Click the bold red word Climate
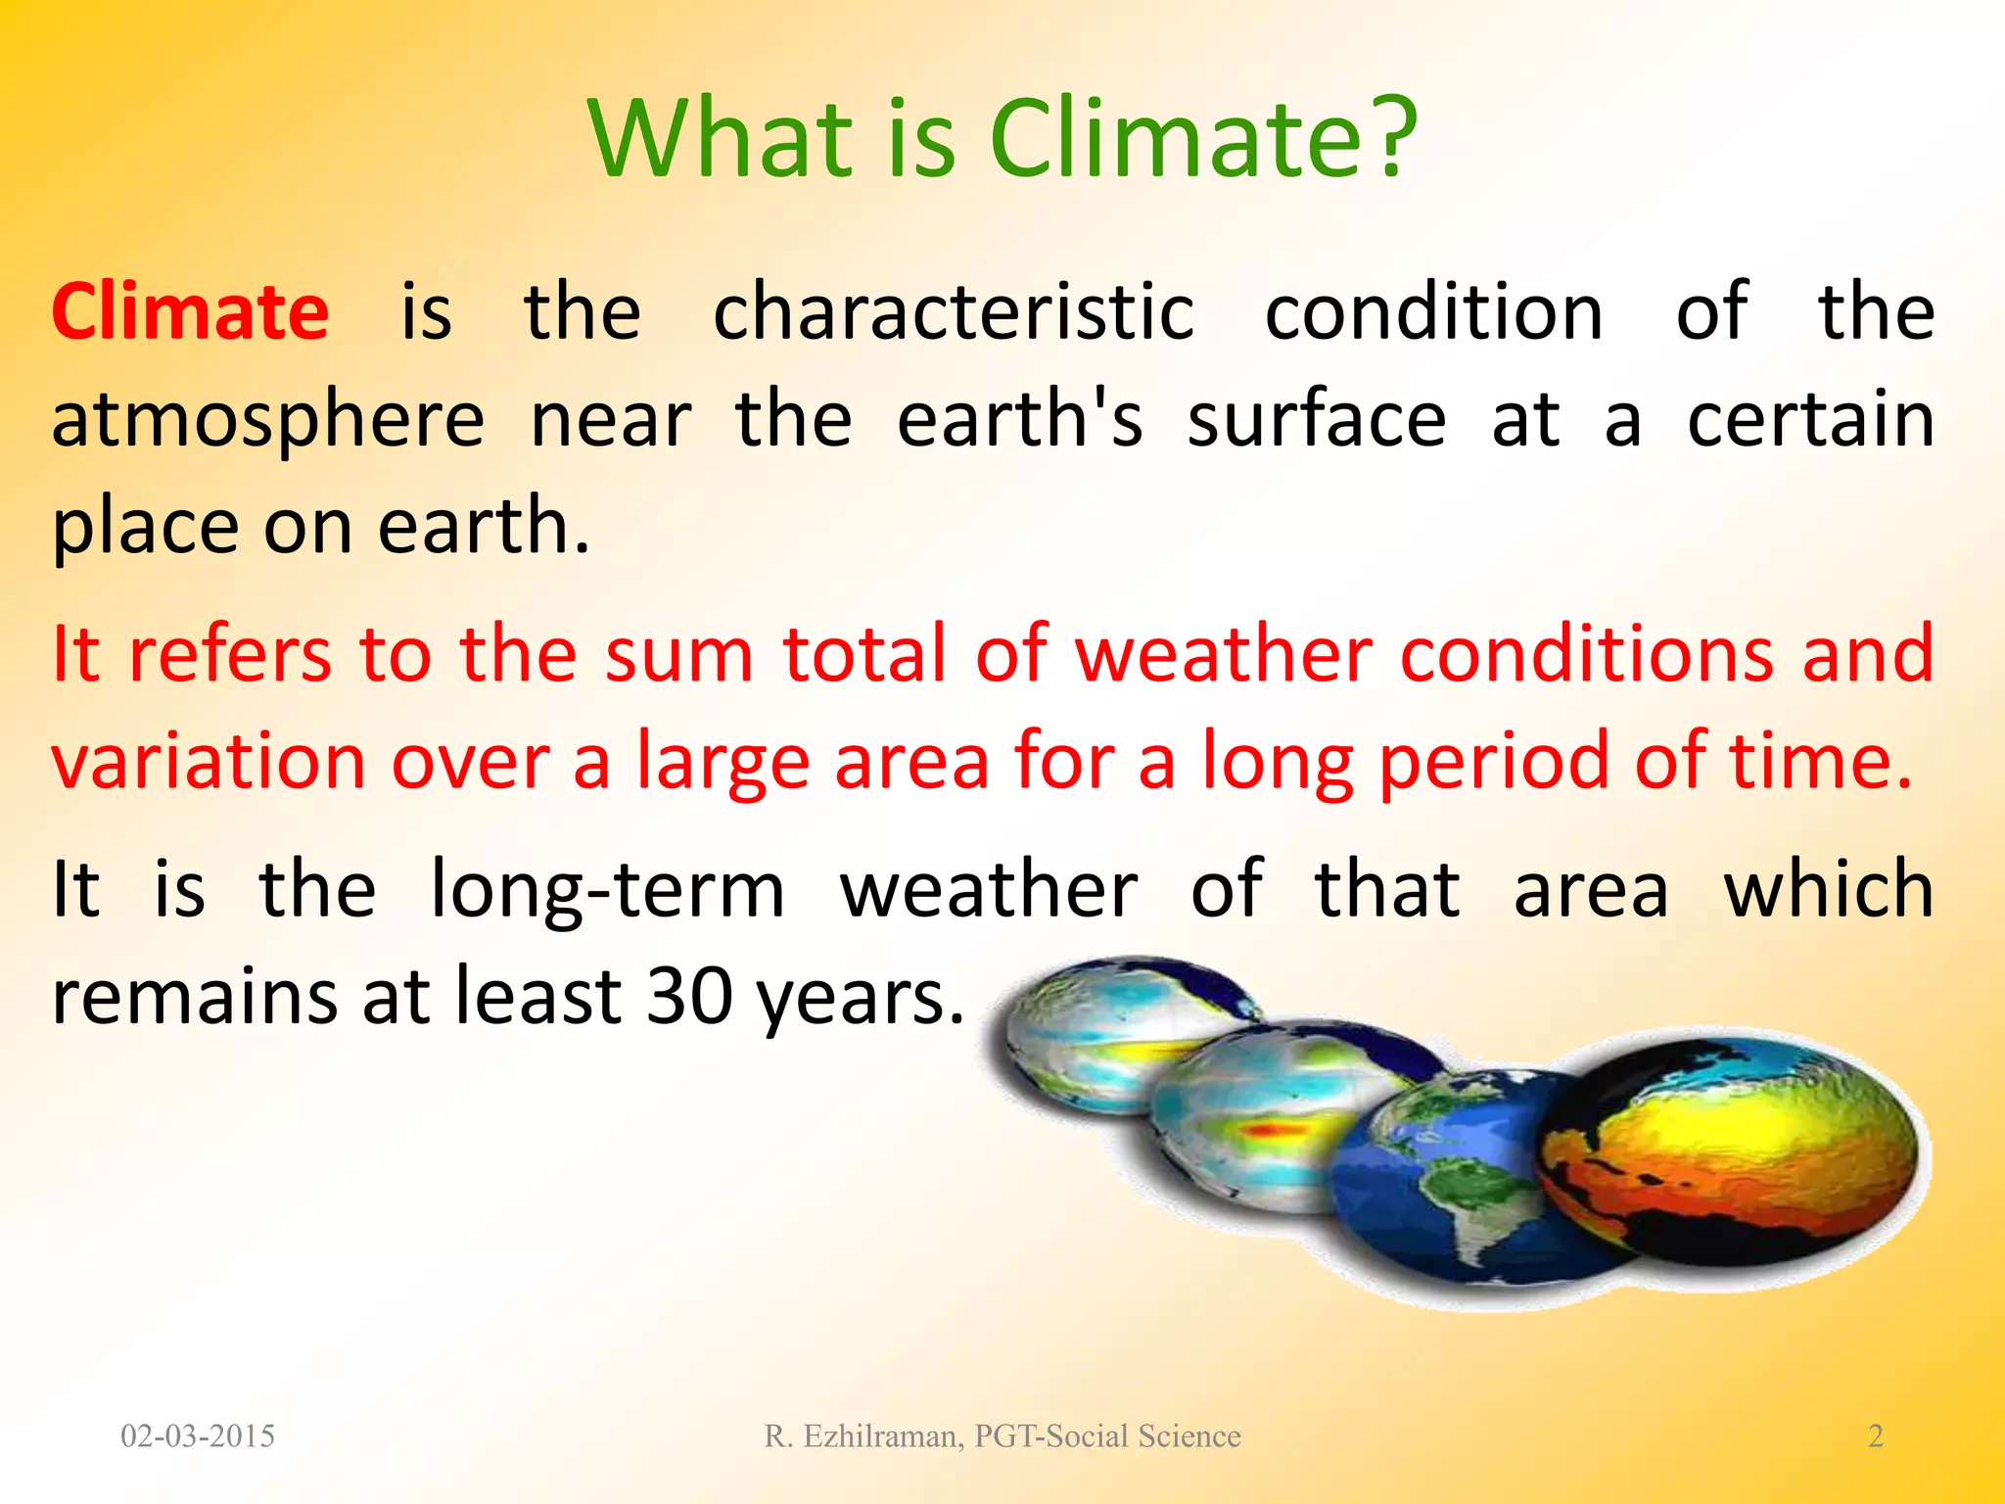pos(190,311)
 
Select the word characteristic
pos(954,311)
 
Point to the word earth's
pos(1019,419)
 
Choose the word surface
pos(1316,419)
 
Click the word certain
pos(1810,419)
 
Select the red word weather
pos(1223,654)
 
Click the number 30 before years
pos(689,997)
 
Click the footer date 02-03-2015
pos(198,1436)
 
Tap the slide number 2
pos(1876,1436)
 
